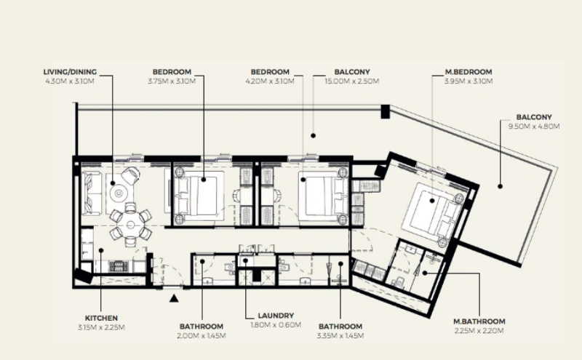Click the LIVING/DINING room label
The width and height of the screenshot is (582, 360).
(70, 72)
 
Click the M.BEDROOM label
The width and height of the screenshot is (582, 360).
(469, 72)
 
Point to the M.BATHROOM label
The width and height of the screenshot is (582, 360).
(478, 321)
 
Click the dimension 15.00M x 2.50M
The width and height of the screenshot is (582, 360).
(352, 81)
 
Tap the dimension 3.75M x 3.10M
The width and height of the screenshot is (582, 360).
(172, 81)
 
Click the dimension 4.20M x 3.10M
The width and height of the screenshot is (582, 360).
(270, 81)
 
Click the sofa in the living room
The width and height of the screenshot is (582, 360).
(91, 193)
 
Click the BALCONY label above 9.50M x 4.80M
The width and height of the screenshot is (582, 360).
(535, 117)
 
